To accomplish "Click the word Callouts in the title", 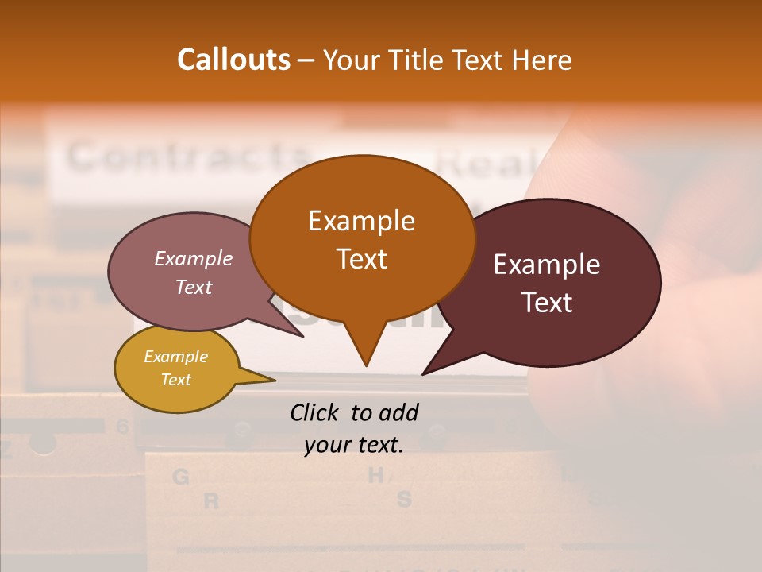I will (233, 60).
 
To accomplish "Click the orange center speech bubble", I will (362, 238).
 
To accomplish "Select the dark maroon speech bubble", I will (556, 282).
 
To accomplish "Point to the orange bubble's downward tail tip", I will (366, 365).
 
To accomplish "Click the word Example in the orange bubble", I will (361, 220).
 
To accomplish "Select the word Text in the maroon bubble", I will (547, 303).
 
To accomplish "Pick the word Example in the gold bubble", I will (175, 357).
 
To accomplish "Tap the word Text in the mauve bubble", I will (193, 288).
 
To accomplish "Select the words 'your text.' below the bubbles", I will (353, 446).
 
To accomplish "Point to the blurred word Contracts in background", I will (187, 157).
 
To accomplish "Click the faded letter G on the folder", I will (181, 477).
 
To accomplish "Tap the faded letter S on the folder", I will (404, 500).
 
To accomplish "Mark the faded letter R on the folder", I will (210, 501).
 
